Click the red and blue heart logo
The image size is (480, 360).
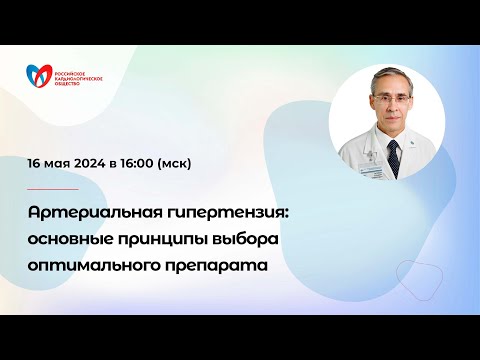[x=41, y=75]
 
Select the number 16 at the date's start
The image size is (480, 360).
[x=35, y=163]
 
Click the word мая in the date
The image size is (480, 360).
[x=61, y=163]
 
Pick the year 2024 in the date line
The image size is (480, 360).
[x=96, y=163]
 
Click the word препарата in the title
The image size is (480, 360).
[x=222, y=266]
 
